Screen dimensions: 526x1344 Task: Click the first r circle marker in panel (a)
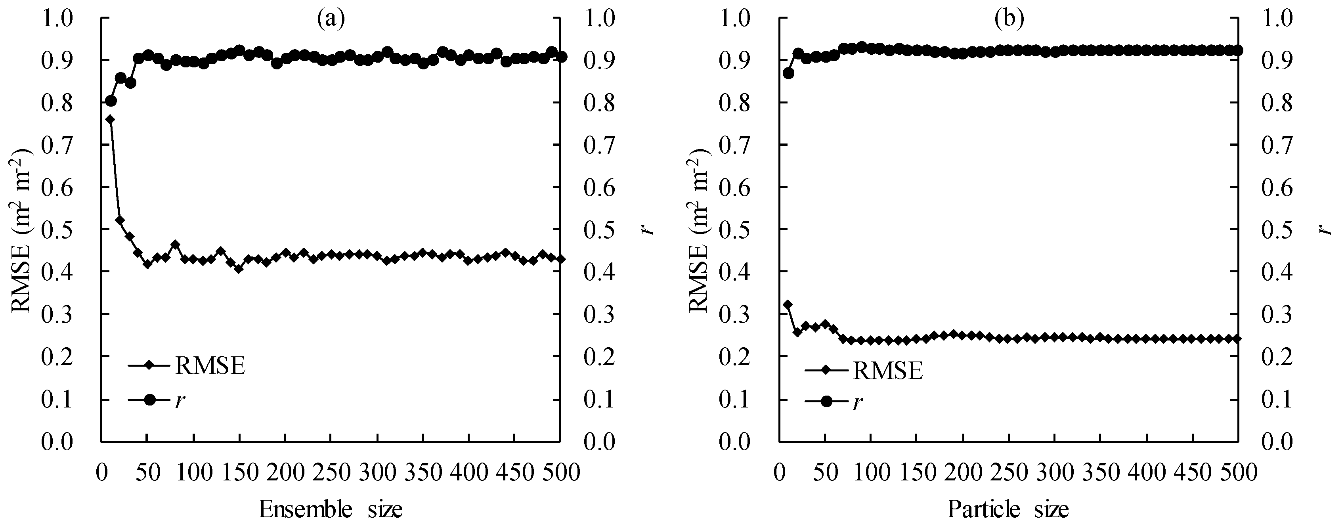coord(111,101)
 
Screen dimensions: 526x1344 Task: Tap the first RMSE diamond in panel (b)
coord(788,304)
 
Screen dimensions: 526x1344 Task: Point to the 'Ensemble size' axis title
coord(331,509)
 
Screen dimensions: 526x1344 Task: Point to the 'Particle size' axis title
coord(1008,509)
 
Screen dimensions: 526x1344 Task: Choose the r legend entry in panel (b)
coord(858,402)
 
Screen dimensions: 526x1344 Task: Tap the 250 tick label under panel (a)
coord(331,472)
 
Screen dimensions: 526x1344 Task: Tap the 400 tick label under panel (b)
coord(1146,472)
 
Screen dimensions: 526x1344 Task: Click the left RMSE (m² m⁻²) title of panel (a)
coord(21,230)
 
